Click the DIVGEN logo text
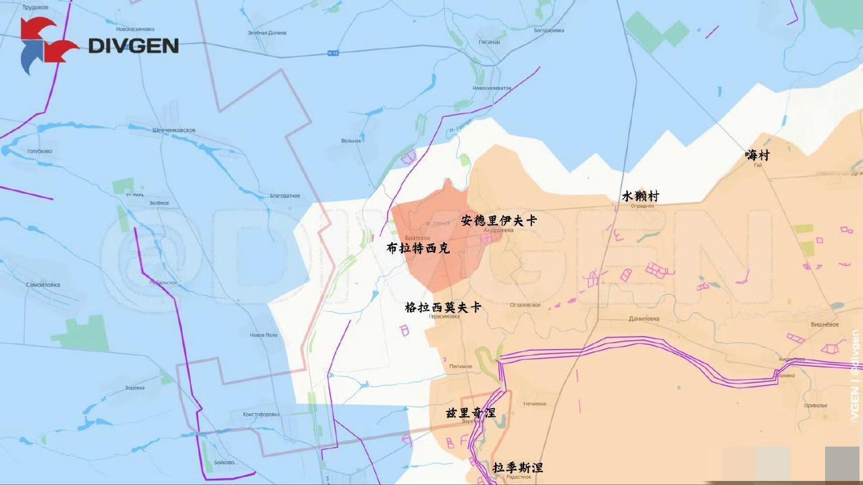pos(134,45)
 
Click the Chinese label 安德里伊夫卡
pos(499,220)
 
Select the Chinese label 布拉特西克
pos(418,248)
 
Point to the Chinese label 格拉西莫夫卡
pos(443,307)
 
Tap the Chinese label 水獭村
pos(640,196)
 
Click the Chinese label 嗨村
pos(757,154)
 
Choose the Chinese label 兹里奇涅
pos(471,412)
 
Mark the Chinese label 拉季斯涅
pos(517,467)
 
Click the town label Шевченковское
pos(174,130)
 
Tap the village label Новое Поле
pos(263,335)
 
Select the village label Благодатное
pos(285,196)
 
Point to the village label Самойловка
pos(43,285)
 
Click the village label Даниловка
pos(644,318)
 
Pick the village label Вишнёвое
pos(825,324)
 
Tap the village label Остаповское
pos(525,305)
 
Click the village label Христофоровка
pos(261,414)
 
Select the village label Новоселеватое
pos(492,88)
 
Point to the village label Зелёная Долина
pos(267,32)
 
